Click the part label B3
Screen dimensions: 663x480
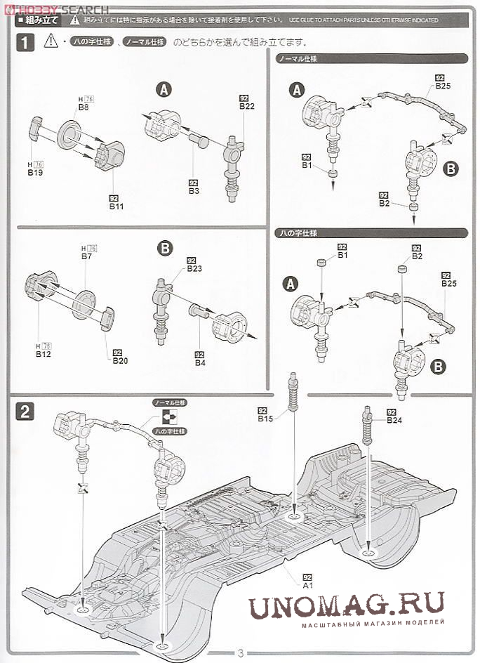194,190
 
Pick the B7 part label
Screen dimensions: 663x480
87,257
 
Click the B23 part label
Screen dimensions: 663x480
194,269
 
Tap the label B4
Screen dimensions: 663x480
200,362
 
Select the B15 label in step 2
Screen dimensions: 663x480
265,419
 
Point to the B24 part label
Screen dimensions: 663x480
394,420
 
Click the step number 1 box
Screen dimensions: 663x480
25,43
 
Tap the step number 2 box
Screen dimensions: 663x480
25,412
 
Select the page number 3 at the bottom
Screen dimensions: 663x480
240,653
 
